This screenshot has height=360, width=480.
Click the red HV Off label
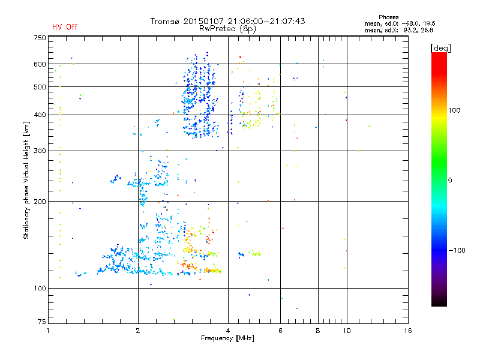pyautogui.click(x=65, y=28)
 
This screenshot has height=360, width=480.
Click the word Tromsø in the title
pyautogui.click(x=166, y=21)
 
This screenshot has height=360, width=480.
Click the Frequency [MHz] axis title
pyautogui.click(x=227, y=338)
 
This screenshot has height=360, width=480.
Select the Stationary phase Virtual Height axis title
pyautogui.click(x=26, y=180)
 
